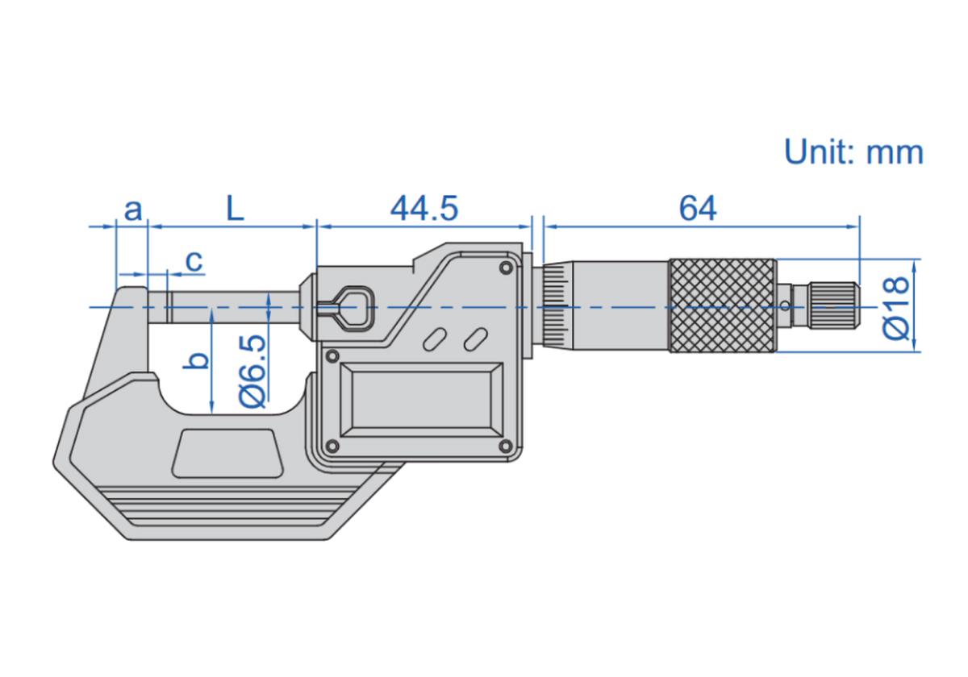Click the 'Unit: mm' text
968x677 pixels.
(x=853, y=152)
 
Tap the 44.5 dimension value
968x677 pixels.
(x=424, y=209)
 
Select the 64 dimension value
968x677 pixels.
(x=698, y=209)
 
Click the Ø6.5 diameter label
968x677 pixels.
(x=252, y=371)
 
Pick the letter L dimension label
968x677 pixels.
(x=234, y=209)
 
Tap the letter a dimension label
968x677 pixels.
(x=133, y=210)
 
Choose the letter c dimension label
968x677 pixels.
(x=194, y=260)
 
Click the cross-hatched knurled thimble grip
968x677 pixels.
(x=722, y=305)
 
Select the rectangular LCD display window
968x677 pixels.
(x=422, y=400)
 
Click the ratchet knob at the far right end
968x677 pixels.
(x=834, y=305)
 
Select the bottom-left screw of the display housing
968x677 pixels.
(x=330, y=446)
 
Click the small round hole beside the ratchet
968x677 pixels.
(x=786, y=305)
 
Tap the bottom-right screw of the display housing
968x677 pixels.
(x=505, y=446)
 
